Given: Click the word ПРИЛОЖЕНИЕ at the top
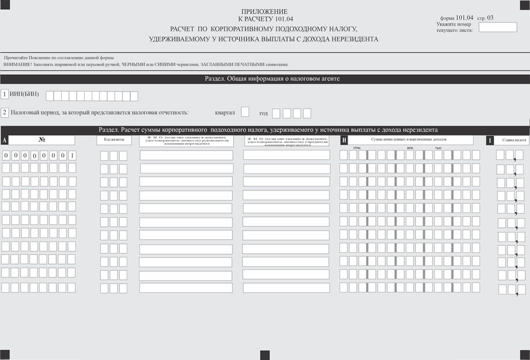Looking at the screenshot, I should [264, 11].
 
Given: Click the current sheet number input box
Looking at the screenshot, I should [497, 27].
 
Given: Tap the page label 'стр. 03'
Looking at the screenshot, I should [485, 18].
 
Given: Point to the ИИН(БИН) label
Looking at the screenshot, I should [25, 94].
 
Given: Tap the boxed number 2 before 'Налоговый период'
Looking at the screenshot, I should [5, 113].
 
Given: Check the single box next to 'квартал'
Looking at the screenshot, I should [245, 112].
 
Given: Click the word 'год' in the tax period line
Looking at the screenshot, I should [264, 113].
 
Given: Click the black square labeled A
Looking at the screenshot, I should [5, 140].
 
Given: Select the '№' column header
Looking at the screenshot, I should [42, 140].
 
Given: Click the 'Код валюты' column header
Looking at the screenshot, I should [114, 140].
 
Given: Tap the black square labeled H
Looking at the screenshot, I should [344, 140].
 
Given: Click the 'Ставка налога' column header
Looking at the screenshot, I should [514, 140].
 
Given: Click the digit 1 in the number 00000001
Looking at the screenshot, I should [72, 155].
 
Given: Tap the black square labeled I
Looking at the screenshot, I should [490, 140].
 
